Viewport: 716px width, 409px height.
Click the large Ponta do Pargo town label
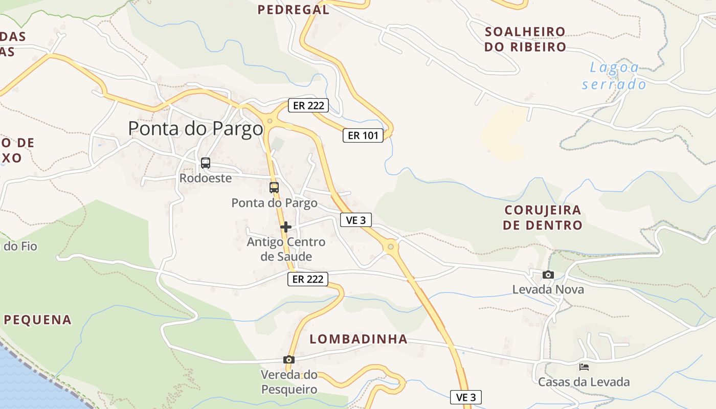pyautogui.click(x=195, y=128)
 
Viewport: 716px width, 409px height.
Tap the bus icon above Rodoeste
pyautogui.click(x=205, y=163)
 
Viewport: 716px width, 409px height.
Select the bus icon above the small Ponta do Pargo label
pyautogui.click(x=274, y=187)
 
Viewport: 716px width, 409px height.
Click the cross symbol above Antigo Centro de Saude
pyautogui.click(x=286, y=226)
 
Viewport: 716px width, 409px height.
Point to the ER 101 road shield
pyautogui.click(x=363, y=135)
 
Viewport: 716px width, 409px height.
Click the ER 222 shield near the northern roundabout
pyautogui.click(x=308, y=106)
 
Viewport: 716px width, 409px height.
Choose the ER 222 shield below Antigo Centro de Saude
pyautogui.click(x=307, y=279)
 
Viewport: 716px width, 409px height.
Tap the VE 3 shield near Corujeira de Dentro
pyautogui.click(x=356, y=220)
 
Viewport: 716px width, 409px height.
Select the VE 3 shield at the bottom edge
pyautogui.click(x=466, y=397)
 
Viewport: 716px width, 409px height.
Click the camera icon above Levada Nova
pyautogui.click(x=548, y=275)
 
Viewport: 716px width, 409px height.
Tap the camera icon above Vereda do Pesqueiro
pyautogui.click(x=289, y=359)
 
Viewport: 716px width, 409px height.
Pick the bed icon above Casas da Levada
pyautogui.click(x=584, y=367)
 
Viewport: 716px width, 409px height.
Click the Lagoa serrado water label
pyautogui.click(x=614, y=76)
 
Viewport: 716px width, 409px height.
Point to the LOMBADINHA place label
pyautogui.click(x=359, y=339)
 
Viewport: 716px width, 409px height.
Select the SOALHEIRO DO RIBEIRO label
pyautogui.click(x=525, y=39)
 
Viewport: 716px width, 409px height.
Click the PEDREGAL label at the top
pyautogui.click(x=294, y=9)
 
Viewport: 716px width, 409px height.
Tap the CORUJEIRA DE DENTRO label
pyautogui.click(x=543, y=217)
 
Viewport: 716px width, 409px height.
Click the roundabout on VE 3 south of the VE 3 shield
pyautogui.click(x=391, y=247)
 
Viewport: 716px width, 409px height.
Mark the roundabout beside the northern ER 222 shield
pyautogui.click(x=270, y=121)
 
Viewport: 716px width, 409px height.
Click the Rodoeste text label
pyautogui.click(x=205, y=178)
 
